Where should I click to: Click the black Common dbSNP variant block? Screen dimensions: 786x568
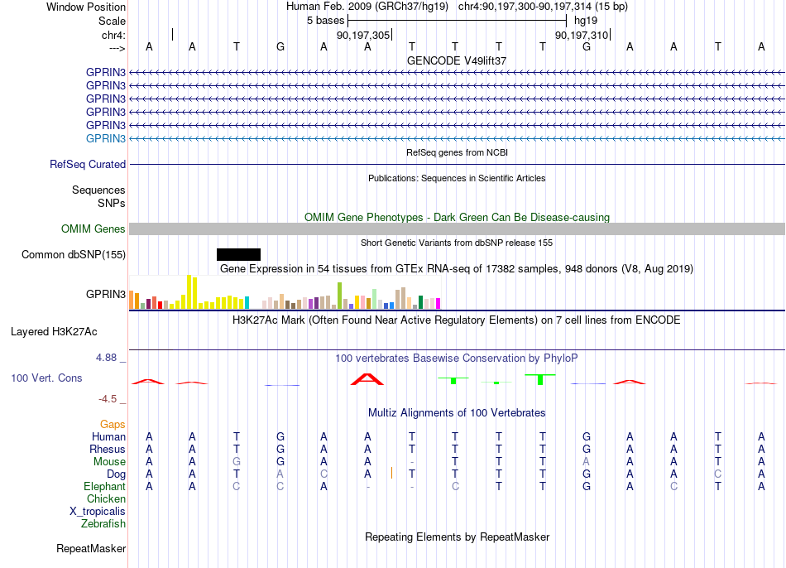click(238, 254)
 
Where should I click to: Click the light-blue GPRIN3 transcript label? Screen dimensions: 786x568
click(106, 138)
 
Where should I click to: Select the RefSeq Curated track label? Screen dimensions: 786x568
click(88, 164)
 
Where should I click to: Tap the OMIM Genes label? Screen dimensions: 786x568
click(93, 229)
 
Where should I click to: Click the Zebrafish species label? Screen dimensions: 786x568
click(103, 523)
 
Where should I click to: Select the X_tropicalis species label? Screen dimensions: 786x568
click(98, 512)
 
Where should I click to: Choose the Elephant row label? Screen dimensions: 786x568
click(105, 486)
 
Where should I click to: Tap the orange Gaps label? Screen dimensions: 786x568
click(113, 425)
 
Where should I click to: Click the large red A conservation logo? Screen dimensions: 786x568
click(367, 379)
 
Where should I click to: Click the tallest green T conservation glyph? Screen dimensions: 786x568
click(540, 379)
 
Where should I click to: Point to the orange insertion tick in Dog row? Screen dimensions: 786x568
click(391, 473)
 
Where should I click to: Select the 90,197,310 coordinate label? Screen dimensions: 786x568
click(582, 35)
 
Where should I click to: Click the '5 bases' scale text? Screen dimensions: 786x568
click(326, 21)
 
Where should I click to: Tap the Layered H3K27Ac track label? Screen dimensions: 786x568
click(54, 332)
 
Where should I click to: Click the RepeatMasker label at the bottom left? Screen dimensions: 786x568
click(91, 548)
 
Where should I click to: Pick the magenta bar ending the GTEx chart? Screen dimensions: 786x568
click(438, 304)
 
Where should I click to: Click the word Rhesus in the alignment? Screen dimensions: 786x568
click(108, 449)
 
